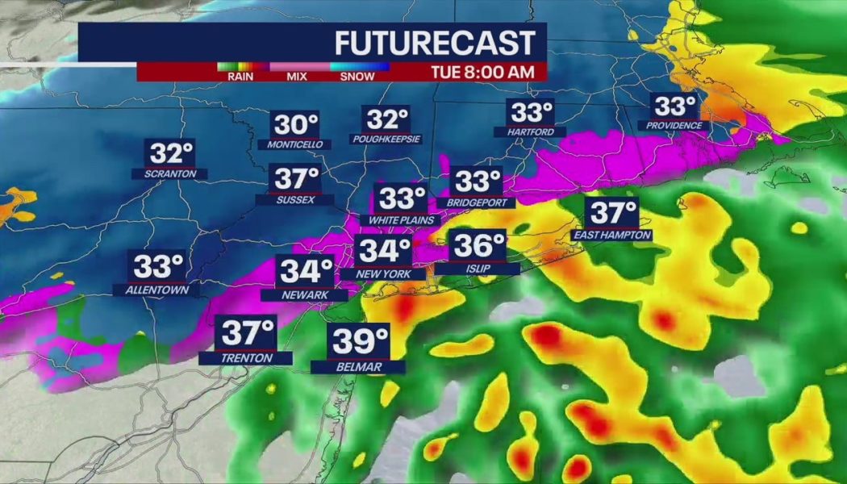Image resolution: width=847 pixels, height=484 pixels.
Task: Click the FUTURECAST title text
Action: coord(434,42)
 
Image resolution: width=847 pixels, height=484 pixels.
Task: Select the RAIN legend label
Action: coord(240,77)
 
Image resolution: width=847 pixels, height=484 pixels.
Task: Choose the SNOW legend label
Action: coord(357,77)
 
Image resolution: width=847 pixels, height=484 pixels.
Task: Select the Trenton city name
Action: coord(247,358)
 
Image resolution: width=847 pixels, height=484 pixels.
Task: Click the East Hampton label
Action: coord(611,235)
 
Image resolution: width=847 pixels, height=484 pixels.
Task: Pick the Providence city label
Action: coord(674,126)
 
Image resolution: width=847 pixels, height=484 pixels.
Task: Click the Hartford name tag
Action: coord(530,131)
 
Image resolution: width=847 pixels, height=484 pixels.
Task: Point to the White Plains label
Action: coord(402,219)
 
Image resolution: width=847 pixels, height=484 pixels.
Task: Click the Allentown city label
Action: coord(156,289)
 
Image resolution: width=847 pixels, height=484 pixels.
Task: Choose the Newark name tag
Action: coord(305,295)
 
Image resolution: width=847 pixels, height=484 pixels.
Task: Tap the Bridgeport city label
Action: coord(476,202)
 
